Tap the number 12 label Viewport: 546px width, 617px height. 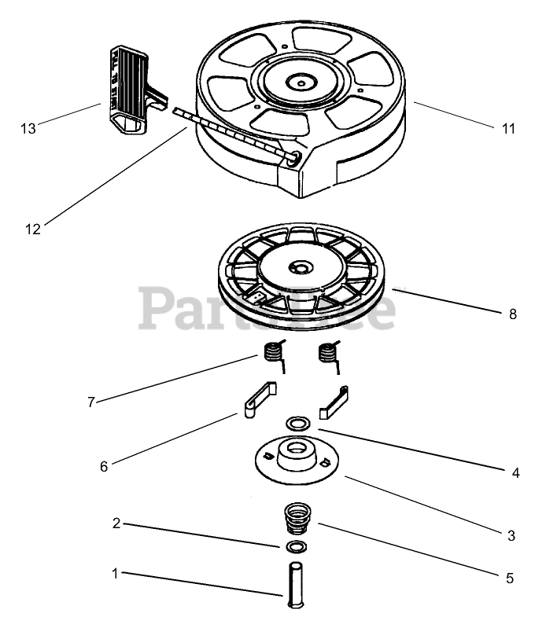32,230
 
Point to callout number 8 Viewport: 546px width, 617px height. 513,314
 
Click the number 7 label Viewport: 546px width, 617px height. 92,402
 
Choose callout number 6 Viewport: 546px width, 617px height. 103,466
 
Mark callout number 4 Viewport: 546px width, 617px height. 515,473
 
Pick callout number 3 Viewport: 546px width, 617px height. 511,536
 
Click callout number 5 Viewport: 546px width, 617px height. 510,578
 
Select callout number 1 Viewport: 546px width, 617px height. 115,574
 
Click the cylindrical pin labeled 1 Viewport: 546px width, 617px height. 293,583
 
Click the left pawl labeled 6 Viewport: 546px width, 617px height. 256,398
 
